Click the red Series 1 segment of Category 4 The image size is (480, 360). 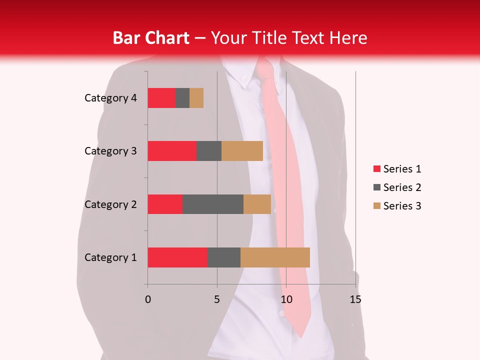161,98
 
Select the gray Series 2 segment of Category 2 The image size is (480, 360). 213,204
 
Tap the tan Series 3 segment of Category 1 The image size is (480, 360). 275,257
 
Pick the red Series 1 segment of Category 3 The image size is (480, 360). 172,151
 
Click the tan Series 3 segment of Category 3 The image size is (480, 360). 242,151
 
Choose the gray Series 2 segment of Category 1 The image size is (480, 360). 224,257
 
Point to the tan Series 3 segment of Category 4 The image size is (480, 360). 196,98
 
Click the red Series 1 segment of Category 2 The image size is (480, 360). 165,204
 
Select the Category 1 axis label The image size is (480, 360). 110,257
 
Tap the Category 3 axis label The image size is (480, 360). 110,151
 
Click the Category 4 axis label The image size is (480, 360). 110,98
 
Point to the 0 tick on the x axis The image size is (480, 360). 148,299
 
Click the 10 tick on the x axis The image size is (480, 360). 286,299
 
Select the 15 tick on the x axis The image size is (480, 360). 355,299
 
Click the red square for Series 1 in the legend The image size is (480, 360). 376,169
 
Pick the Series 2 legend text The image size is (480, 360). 402,187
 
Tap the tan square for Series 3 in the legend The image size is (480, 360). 376,206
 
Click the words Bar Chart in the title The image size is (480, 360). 151,38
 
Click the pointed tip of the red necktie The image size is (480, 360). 301,336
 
